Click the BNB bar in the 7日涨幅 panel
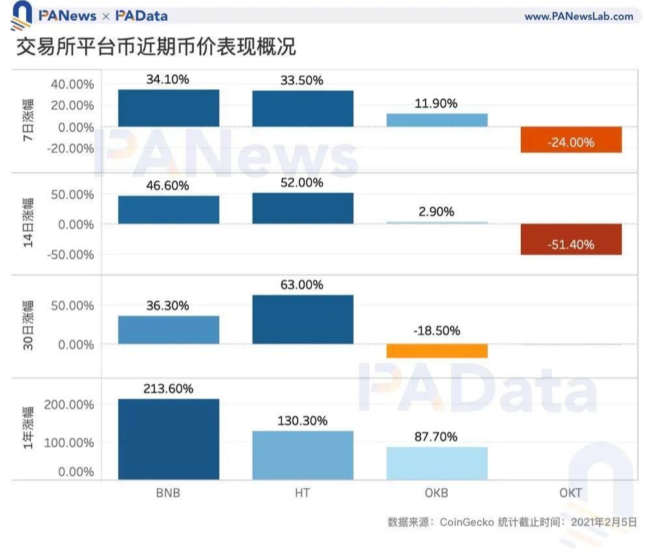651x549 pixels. click(x=169, y=108)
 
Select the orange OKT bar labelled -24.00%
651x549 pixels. click(x=571, y=140)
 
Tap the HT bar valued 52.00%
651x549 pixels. click(x=303, y=208)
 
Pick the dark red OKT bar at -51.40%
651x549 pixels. click(x=571, y=240)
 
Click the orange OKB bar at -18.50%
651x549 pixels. click(x=437, y=351)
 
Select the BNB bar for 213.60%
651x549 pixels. click(x=169, y=440)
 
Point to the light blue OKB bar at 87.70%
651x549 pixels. click(x=437, y=464)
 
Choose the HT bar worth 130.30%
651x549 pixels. click(x=303, y=456)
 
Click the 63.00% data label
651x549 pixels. click(x=303, y=285)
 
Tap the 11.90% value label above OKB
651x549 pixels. click(x=437, y=104)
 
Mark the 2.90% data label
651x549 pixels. click(x=437, y=212)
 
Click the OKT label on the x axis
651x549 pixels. click(x=571, y=493)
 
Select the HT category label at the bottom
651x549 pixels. click(x=303, y=493)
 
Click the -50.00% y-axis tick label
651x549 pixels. click(x=70, y=255)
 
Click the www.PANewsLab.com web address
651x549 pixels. click(x=579, y=16)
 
